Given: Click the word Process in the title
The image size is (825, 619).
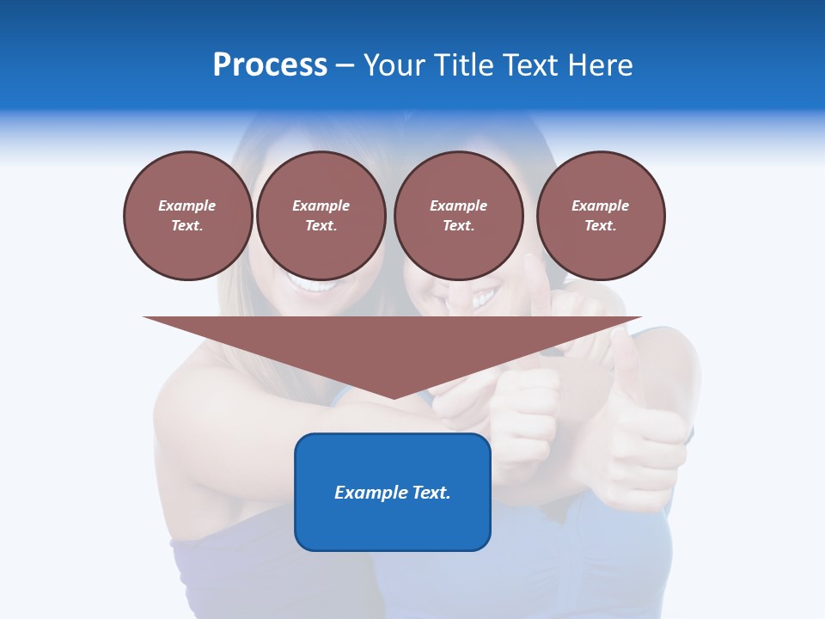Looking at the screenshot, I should point(270,65).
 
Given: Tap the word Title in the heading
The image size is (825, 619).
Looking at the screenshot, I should point(465,65).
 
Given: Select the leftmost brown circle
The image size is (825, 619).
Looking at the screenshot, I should point(187,216).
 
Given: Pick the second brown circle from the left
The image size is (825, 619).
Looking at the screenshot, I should point(321,216).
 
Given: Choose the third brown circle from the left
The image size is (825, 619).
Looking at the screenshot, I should point(458,216).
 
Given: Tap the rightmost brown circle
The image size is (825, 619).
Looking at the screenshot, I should point(600,216).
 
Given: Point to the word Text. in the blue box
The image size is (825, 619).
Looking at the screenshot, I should point(430,493).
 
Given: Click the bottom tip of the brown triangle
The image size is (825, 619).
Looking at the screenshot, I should point(393,397).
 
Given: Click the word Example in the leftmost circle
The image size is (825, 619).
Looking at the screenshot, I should point(187,205).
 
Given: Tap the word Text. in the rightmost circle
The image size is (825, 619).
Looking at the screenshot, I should point(600,225).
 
